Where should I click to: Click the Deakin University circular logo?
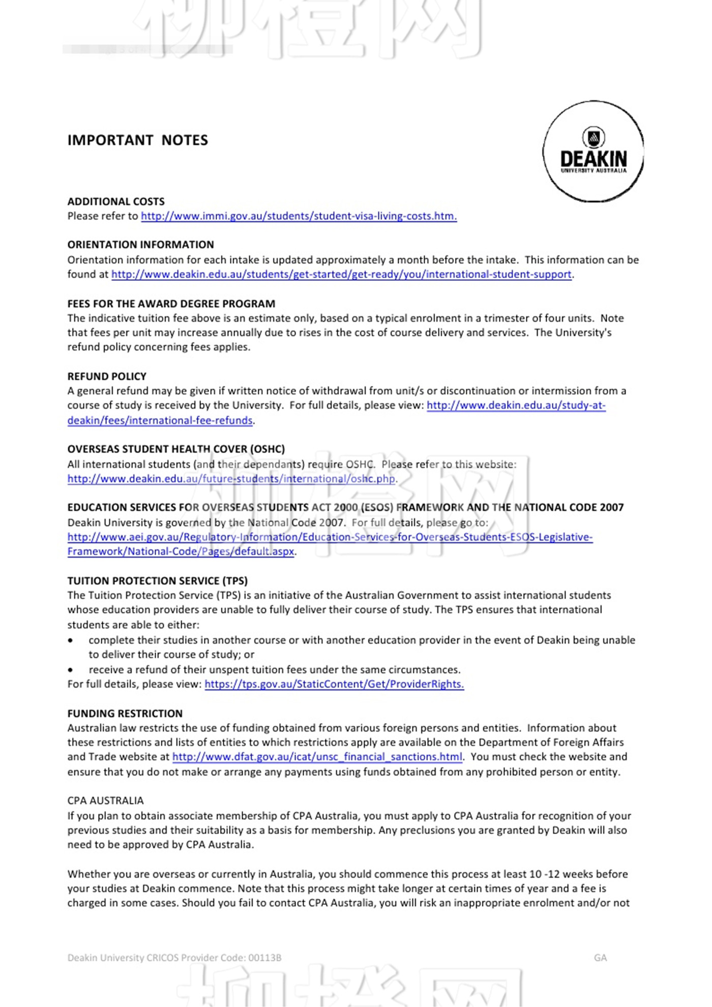593,152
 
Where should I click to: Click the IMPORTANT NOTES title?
138,140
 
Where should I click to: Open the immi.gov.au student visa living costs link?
299,216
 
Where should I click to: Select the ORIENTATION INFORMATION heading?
140,245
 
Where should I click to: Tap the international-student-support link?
341,275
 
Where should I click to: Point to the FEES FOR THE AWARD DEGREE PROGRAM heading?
171,304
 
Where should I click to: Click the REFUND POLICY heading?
107,376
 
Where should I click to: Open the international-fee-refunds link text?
160,421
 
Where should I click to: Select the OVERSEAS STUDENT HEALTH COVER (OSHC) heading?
176,449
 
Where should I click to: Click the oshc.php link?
231,479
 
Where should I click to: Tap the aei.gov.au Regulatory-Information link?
330,538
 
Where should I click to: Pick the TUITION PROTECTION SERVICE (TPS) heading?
157,581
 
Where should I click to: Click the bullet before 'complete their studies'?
71,640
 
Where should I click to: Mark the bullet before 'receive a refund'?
71,670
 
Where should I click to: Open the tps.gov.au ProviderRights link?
334,685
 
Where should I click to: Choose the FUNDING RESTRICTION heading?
125,714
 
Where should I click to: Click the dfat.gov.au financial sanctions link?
317,757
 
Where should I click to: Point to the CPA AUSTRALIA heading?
105,801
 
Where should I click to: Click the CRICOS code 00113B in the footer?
264,958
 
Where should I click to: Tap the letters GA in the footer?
600,958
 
